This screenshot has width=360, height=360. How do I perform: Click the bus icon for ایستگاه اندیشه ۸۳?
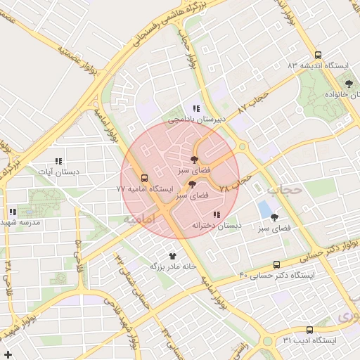click(x=318, y=55)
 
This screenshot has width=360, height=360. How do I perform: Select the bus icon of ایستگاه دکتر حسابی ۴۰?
click(x=276, y=264)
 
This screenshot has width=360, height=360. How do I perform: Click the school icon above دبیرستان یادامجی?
click(x=196, y=108)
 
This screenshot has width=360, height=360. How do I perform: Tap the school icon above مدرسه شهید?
click(x=13, y=212)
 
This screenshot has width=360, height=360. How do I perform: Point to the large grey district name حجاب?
click(x=285, y=189)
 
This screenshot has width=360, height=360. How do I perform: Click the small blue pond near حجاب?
click(x=265, y=209)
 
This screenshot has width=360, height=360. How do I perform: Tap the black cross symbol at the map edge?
click(x=8, y=353)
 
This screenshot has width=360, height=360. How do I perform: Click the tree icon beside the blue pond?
click(x=274, y=217)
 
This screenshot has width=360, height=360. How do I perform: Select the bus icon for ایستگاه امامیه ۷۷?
click(x=144, y=178)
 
